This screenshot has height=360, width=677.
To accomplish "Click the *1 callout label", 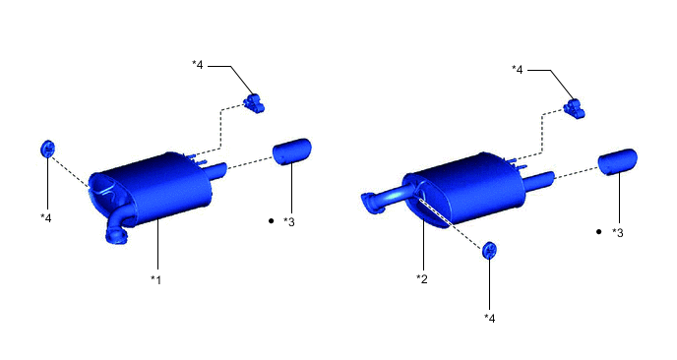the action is (x=155, y=279).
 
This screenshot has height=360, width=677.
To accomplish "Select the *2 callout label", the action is (x=422, y=278).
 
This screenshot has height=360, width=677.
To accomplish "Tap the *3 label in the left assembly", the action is (x=289, y=222).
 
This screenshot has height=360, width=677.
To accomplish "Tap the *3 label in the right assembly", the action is (x=617, y=233).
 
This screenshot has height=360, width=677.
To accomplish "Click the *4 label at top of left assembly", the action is (x=198, y=65).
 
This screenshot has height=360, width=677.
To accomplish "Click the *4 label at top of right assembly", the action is (x=517, y=69).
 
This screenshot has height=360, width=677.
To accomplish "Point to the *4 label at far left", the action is (x=46, y=218).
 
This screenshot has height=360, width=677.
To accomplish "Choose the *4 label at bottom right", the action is (x=490, y=318).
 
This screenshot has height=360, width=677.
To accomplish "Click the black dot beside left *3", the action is (x=272, y=221).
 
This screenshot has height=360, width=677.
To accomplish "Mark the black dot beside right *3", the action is (x=598, y=232).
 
